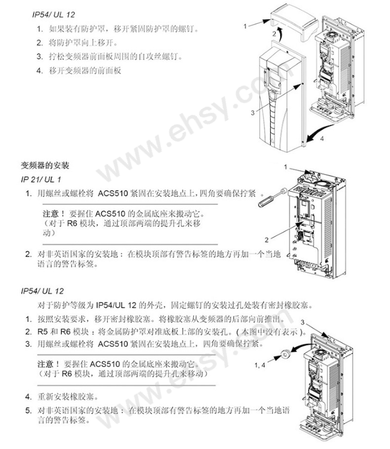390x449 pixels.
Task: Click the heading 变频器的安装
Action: [x=45, y=165]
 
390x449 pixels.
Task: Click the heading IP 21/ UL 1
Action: [x=40, y=180]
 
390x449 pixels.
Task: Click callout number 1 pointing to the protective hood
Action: [x=245, y=26]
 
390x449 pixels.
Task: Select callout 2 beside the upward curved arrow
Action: [x=274, y=34]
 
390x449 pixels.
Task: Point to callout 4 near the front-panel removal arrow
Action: [x=322, y=139]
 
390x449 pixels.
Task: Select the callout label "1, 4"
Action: [x=260, y=365]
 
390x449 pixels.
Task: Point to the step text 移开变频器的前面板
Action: [x=85, y=71]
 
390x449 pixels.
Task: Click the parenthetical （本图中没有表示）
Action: [x=271, y=332]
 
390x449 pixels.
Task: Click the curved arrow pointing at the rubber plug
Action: [x=301, y=348]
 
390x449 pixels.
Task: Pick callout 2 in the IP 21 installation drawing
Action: [x=267, y=240]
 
